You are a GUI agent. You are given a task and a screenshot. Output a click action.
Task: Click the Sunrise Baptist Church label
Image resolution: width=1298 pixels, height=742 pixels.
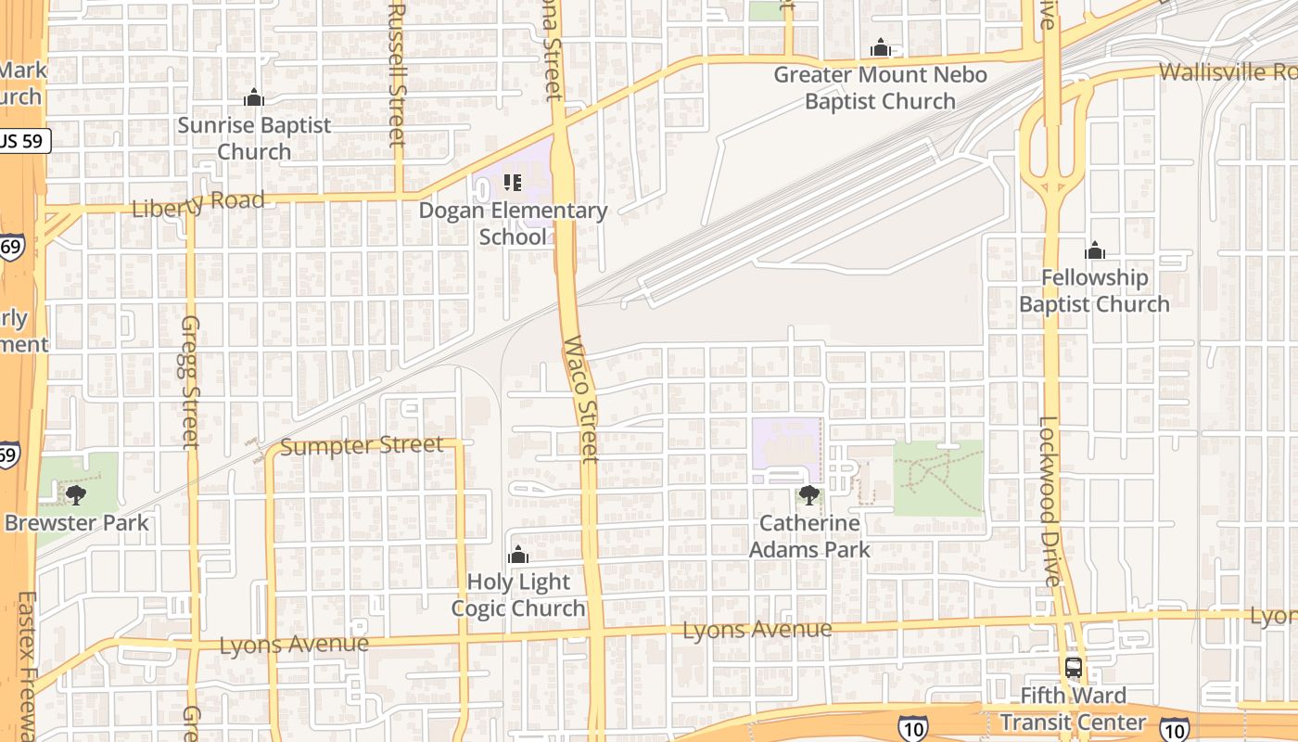(254, 137)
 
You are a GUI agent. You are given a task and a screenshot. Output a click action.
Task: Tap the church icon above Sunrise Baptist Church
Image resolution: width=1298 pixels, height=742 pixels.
(254, 97)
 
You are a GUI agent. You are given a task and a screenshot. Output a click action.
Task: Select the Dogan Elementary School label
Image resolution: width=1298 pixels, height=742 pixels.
(513, 223)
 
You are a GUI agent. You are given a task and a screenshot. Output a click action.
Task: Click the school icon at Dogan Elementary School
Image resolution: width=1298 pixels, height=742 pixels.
(513, 182)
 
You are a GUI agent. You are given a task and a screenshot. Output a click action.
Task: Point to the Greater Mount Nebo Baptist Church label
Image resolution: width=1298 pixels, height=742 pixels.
(880, 87)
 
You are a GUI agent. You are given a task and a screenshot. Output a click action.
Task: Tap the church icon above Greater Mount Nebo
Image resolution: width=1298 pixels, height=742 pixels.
(880, 47)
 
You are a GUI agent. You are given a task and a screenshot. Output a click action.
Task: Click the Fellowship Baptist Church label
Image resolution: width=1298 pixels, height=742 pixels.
(1094, 290)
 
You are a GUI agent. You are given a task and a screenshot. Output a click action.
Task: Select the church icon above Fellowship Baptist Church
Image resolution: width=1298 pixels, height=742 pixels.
(1095, 250)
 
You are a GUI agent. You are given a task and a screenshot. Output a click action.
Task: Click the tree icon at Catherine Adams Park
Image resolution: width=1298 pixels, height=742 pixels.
(809, 495)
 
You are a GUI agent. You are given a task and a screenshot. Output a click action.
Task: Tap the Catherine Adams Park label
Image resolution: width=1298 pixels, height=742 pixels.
(809, 536)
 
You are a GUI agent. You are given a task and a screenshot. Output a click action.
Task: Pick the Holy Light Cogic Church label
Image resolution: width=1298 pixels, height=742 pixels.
(518, 595)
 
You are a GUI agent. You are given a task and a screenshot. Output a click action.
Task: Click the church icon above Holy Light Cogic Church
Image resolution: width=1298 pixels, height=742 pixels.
(518, 556)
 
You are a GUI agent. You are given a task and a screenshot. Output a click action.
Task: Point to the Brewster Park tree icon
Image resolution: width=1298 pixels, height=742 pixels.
(76, 494)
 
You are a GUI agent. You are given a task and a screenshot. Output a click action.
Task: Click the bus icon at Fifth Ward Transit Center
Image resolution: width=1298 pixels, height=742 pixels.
(1073, 667)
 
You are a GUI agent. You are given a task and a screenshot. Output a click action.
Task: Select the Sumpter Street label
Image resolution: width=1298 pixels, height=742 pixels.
(362, 446)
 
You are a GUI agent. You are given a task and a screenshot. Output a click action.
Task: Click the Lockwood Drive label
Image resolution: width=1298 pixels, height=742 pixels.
(1048, 501)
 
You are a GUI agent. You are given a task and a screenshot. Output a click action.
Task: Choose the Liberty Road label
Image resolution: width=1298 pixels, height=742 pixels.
(197, 203)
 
